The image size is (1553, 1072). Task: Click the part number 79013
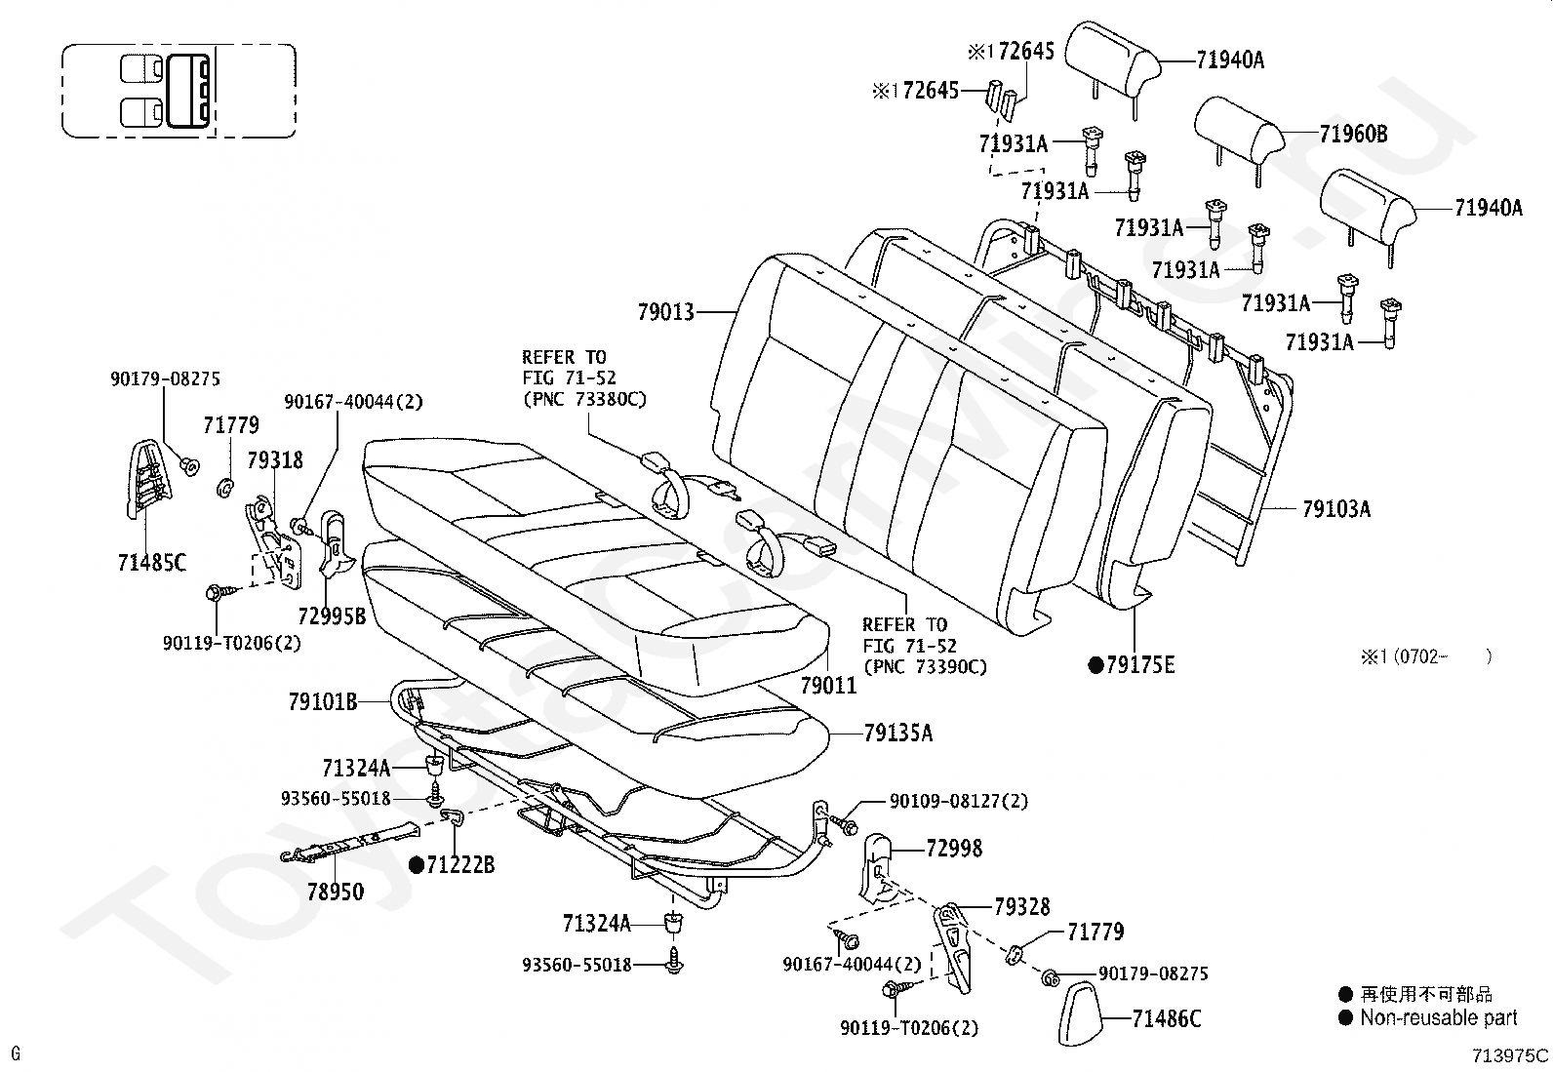coord(665,312)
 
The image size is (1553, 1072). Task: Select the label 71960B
coord(1353,133)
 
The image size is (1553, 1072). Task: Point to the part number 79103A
coord(1336,509)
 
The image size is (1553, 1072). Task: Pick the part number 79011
coord(828,685)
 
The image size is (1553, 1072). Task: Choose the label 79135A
coord(897,733)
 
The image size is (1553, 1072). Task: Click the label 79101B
coord(323,702)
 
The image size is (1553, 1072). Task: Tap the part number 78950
coord(336,891)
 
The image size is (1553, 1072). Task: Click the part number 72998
coord(954,848)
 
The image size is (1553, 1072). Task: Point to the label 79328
coord(1022,906)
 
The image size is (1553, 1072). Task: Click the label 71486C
coord(1166,1018)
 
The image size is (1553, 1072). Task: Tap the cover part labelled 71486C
coord(1080,1012)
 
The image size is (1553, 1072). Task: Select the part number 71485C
coord(152,563)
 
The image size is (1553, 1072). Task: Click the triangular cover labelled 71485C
coord(146,478)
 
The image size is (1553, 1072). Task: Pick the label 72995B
coord(332,615)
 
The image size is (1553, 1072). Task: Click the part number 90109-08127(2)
coord(959,801)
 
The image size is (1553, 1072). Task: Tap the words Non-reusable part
coord(1439,1018)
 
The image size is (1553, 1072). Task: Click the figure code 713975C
coord(1511,1055)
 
